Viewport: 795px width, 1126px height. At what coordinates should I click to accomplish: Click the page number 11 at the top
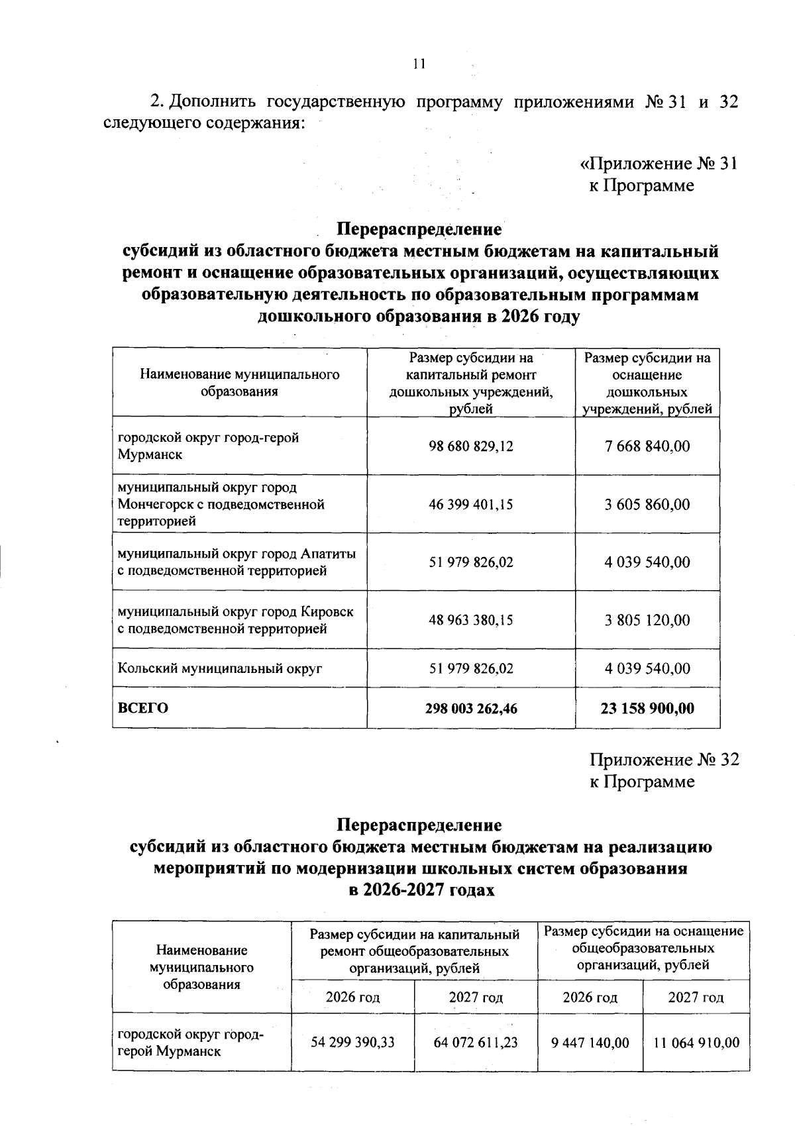(418, 64)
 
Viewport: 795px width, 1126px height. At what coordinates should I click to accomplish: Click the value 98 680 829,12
(471, 446)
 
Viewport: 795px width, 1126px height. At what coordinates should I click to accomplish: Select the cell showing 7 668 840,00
(647, 446)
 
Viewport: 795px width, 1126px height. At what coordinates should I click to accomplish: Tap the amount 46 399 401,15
(471, 505)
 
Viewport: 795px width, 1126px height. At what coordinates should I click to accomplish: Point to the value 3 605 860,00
(647, 505)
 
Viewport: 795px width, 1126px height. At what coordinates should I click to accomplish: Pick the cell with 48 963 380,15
(471, 621)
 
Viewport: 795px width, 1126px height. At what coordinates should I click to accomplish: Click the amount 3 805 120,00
(647, 621)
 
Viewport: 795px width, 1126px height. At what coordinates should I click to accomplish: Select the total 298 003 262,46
(471, 709)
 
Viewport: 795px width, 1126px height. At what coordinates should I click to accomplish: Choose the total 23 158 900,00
(647, 709)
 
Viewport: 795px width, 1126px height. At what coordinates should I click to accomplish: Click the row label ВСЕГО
(143, 709)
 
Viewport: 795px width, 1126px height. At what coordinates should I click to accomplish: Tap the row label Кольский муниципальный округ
(220, 669)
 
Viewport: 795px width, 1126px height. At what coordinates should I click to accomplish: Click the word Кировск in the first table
(327, 611)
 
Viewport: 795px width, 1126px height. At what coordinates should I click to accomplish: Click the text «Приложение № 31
(659, 164)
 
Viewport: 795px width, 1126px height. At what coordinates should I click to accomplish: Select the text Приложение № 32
(664, 760)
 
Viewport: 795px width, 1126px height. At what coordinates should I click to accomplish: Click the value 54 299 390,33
(352, 1043)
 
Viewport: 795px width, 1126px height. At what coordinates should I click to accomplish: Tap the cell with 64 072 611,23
(476, 1043)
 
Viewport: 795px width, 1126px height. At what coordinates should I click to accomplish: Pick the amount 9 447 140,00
(590, 1043)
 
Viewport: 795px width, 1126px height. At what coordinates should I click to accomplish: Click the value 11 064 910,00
(696, 1043)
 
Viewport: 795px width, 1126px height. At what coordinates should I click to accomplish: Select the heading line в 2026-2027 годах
(421, 890)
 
